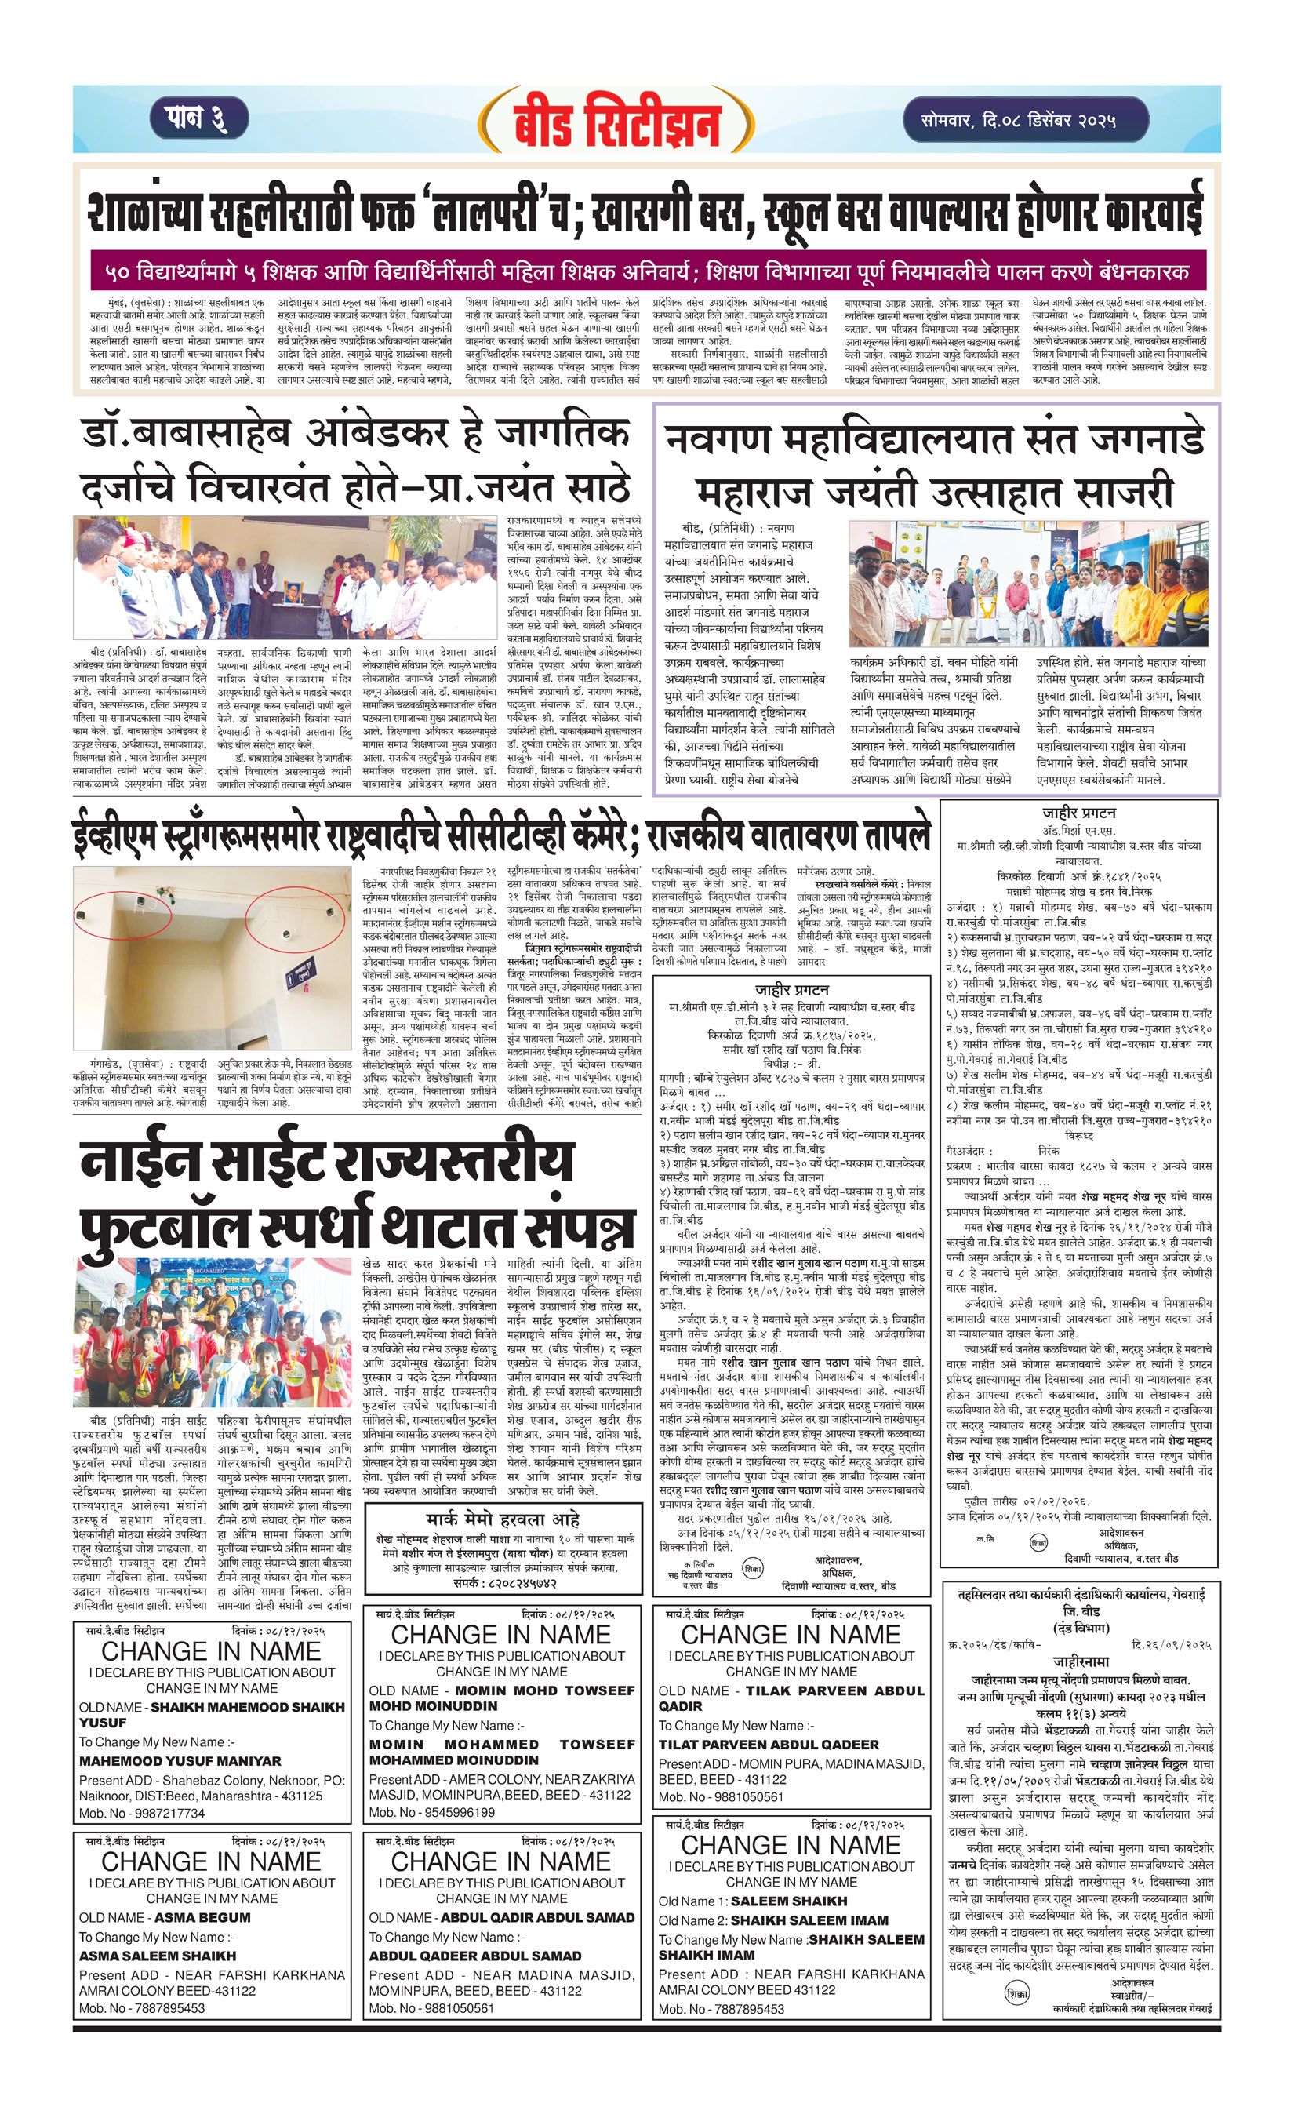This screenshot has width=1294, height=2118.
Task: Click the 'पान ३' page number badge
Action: (x=199, y=118)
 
